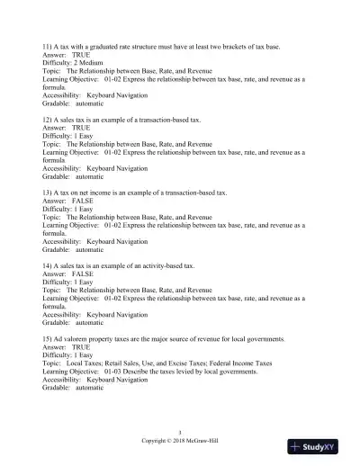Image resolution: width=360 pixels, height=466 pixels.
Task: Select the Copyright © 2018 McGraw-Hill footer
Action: click(x=180, y=441)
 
